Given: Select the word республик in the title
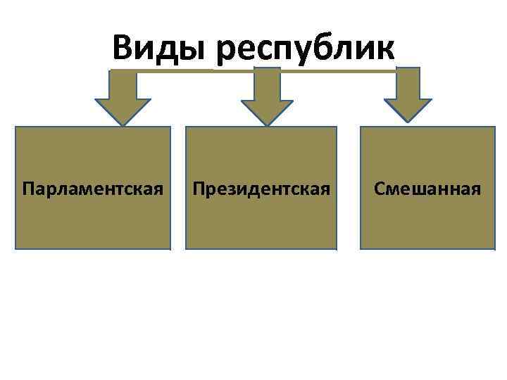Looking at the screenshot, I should [x=308, y=49].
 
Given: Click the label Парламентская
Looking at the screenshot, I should [x=93, y=189].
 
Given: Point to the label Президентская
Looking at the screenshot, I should [x=261, y=189].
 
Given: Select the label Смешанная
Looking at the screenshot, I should [x=427, y=189].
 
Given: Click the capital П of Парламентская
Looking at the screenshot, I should [x=27, y=189].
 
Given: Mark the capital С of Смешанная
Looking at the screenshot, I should [x=380, y=189].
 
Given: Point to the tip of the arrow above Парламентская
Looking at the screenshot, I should [x=123, y=125].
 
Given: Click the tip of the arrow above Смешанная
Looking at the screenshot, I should [x=407, y=125].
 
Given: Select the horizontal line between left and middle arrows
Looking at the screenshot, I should [x=194, y=71].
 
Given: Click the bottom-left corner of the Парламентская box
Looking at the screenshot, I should [x=16, y=248].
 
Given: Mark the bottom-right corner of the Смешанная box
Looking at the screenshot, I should [x=496, y=248].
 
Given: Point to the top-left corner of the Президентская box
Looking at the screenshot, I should [x=186, y=128].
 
